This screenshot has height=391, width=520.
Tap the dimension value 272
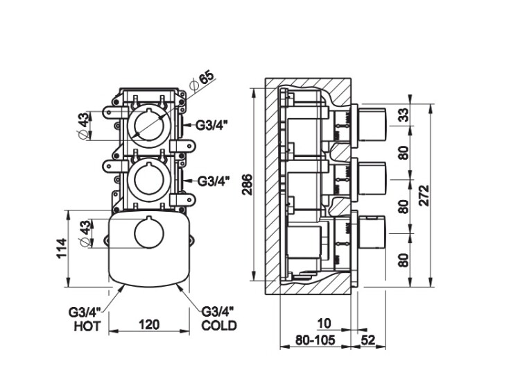point(425,197)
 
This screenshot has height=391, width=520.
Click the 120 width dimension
point(150,324)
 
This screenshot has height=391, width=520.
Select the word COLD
point(219,325)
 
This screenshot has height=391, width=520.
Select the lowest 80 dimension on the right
point(403,261)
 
